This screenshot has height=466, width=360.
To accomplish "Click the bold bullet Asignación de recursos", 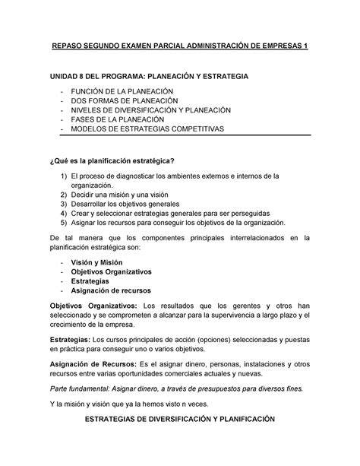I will point(111,290).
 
